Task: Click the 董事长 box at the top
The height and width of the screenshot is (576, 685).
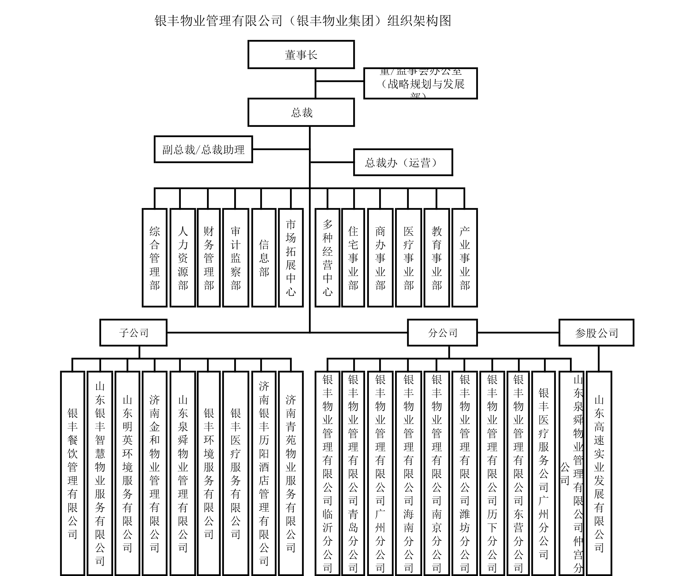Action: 301,55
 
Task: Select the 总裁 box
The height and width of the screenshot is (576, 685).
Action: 301,113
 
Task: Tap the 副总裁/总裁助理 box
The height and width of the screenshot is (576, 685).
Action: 203,150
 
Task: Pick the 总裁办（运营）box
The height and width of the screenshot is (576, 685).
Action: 403,162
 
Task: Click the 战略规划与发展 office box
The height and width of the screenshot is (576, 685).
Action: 421,83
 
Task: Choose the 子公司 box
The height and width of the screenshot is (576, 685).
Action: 133,333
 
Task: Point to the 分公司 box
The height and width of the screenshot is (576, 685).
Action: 442,333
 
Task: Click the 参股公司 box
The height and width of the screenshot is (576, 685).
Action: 596,333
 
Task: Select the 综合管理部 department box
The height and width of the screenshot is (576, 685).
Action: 155,258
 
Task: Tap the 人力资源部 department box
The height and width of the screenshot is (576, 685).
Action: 183,258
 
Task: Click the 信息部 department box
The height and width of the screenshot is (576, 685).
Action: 264,258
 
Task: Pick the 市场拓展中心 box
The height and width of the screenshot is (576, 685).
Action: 291,258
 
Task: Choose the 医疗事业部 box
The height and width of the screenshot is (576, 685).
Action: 408,258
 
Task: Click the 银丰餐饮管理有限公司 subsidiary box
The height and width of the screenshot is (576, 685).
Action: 73,474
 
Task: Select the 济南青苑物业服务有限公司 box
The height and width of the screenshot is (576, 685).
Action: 291,474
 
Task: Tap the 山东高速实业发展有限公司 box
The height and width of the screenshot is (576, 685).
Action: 599,474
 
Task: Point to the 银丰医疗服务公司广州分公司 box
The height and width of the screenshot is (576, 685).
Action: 543,474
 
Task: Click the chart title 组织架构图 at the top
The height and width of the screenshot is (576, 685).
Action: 419,21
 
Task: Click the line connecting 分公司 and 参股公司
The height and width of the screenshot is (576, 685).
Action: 518,333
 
